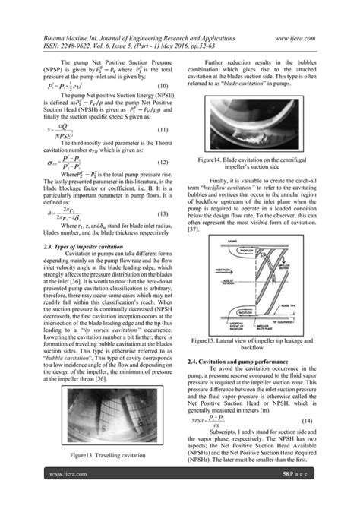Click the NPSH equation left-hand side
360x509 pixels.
[213, 419]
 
